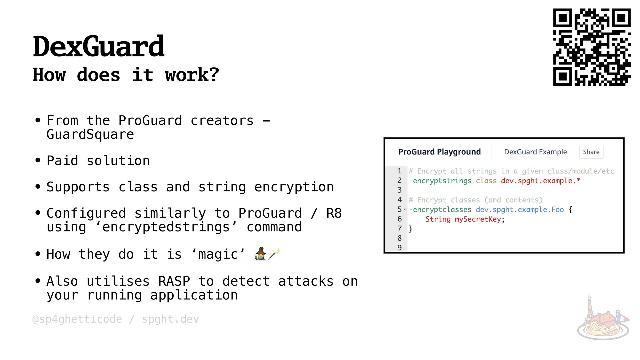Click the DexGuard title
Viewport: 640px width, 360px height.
coord(99,46)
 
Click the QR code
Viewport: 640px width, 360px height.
coord(592,47)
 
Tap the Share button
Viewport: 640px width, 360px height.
coord(591,152)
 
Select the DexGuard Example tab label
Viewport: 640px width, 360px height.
coord(535,152)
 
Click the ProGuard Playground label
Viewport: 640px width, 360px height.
coord(439,152)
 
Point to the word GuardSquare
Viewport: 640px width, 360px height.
coord(90,135)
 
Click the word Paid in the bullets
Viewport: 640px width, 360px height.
coord(62,161)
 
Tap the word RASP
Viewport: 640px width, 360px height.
coord(174,281)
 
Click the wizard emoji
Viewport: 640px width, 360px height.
coord(260,254)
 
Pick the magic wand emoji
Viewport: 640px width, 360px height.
coord(274,254)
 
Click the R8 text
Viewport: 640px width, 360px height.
coord(334,213)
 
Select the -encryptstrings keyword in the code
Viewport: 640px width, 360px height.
coord(440,181)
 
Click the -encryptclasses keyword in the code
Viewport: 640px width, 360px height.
coord(440,210)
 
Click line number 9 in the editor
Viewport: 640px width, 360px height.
coord(399,248)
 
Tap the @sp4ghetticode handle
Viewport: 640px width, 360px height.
coord(77,319)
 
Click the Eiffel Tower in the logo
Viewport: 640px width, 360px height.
coord(589,307)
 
